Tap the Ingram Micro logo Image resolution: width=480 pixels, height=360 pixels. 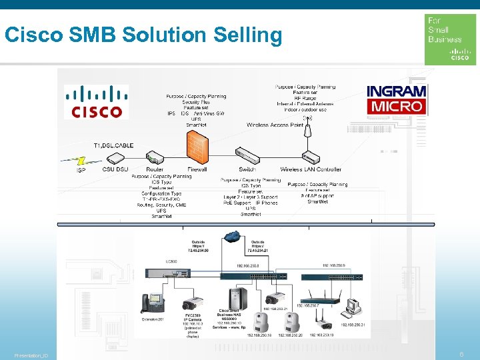[x=396, y=99]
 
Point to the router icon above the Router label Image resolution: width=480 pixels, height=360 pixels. [x=155, y=158]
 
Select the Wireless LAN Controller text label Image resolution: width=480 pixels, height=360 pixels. [x=311, y=170]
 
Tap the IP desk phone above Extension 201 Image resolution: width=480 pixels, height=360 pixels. [x=151, y=304]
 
